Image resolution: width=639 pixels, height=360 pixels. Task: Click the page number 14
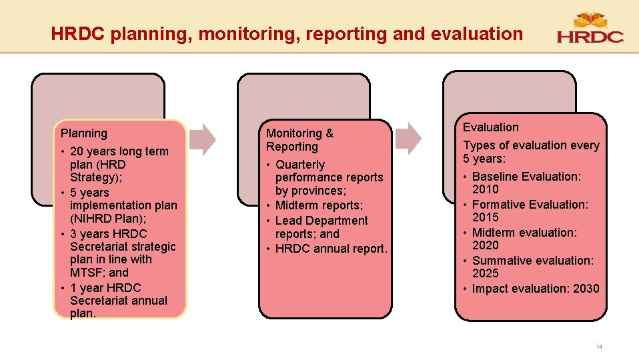[x=599, y=347]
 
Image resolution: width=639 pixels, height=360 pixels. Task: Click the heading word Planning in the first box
[x=83, y=133]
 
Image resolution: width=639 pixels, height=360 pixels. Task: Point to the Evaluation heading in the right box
[x=490, y=127]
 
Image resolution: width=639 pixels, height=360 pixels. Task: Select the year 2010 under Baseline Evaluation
[x=485, y=189]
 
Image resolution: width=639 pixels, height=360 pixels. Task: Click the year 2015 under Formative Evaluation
[x=485, y=217]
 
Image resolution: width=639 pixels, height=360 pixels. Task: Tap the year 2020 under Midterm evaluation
[x=485, y=245]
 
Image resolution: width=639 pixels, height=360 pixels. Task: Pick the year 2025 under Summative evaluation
[x=485, y=273]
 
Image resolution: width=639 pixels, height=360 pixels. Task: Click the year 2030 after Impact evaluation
[x=585, y=289]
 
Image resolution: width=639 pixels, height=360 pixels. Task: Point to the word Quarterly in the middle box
[x=300, y=165]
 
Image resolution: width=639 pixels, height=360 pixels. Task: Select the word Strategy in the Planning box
[x=93, y=177]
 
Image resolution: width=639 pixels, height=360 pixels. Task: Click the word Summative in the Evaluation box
[x=500, y=261]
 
